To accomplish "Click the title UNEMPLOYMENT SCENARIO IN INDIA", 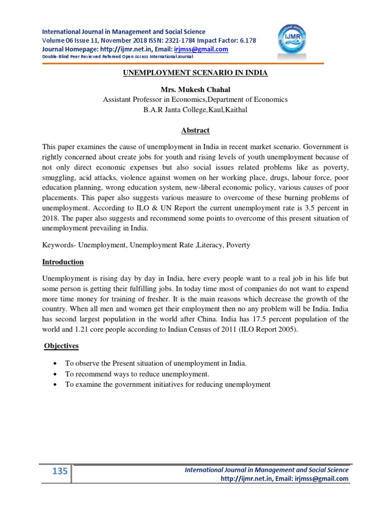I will pyautogui.click(x=195, y=73).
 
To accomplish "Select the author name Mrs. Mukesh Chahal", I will pyautogui.click(x=195, y=90).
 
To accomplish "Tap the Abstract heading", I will pyautogui.click(x=195, y=130).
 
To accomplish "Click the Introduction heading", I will pyautogui.click(x=63, y=262).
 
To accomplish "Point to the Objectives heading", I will pyautogui.click(x=61, y=345).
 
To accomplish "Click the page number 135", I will pyautogui.click(x=60, y=471).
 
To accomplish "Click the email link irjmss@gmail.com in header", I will pyautogui.click(x=201, y=49).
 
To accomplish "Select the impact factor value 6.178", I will pyautogui.click(x=245, y=41).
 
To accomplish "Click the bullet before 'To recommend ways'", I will pyautogui.click(x=54, y=374).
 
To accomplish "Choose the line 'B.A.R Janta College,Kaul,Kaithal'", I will pyautogui.click(x=195, y=109).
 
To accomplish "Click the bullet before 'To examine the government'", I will pyautogui.click(x=54, y=385).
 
